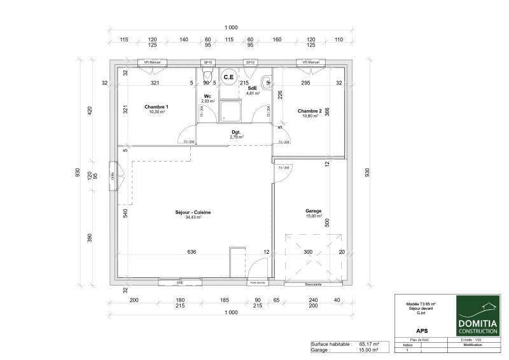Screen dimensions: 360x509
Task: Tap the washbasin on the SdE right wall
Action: tap(268, 81)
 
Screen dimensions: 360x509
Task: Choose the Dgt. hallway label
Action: tap(235, 132)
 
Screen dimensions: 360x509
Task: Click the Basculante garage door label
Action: tap(314, 284)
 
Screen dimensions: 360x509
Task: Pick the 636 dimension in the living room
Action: tap(192, 252)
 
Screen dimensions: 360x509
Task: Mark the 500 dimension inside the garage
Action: tap(328, 223)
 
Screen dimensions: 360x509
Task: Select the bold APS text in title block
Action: tap(421, 331)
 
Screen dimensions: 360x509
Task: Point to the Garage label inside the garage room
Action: tap(313, 211)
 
